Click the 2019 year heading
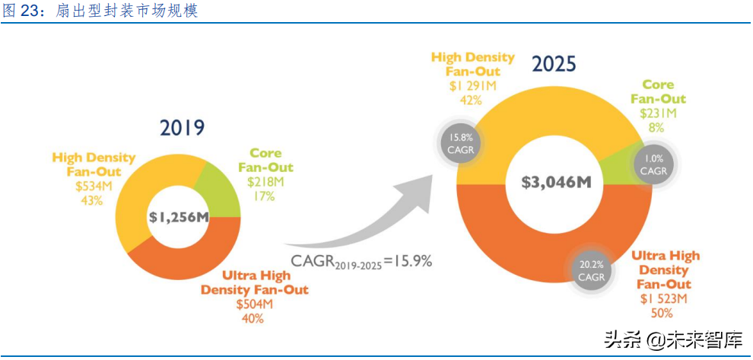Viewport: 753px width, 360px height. (x=183, y=127)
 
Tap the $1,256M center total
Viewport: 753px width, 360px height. (x=179, y=217)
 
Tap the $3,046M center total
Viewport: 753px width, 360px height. (x=556, y=182)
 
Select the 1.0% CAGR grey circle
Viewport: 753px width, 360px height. (x=653, y=165)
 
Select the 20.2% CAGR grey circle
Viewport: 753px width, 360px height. (x=591, y=271)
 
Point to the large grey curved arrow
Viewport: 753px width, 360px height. (x=365, y=205)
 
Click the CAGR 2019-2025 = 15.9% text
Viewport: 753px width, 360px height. (x=362, y=261)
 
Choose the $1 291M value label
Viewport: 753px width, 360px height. (x=473, y=86)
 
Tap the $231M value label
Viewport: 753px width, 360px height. (x=658, y=113)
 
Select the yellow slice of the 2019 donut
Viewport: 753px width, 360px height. (x=152, y=183)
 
